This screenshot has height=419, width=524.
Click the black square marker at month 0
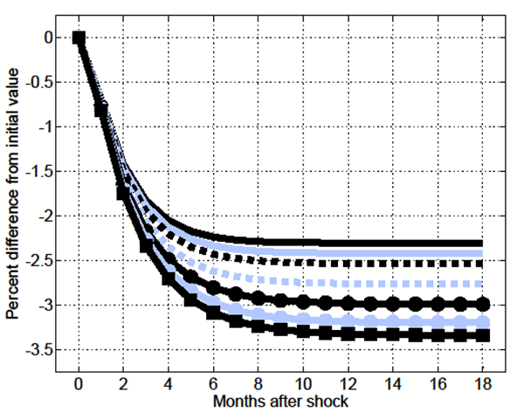pos(79,38)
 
